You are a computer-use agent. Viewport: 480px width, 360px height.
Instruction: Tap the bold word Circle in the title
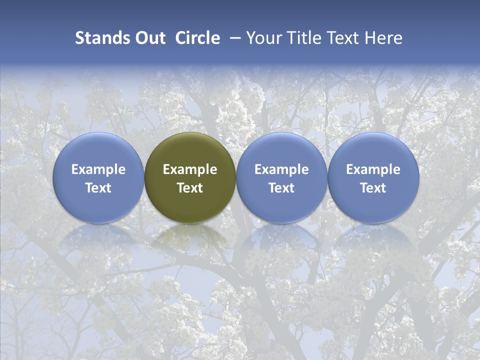tap(197, 38)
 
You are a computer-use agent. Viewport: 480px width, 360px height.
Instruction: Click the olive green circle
tap(190, 150)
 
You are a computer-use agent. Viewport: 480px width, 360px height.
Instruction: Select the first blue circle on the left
tap(98, 150)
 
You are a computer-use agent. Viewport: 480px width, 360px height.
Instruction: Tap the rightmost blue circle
tap(373, 150)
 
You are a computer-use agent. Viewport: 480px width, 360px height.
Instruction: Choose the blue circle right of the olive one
tap(281, 150)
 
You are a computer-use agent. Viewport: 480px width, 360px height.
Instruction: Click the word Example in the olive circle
tap(190, 169)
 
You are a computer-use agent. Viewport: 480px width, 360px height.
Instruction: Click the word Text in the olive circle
tap(190, 188)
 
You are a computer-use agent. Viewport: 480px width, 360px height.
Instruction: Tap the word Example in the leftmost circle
tap(98, 169)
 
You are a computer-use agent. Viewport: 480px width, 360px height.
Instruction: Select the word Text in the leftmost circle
tap(98, 188)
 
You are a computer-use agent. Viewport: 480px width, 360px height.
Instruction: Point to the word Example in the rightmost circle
tap(373, 169)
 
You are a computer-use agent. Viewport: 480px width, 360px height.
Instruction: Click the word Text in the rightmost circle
tap(373, 188)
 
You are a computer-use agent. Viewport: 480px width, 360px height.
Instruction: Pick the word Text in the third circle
tap(281, 188)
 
